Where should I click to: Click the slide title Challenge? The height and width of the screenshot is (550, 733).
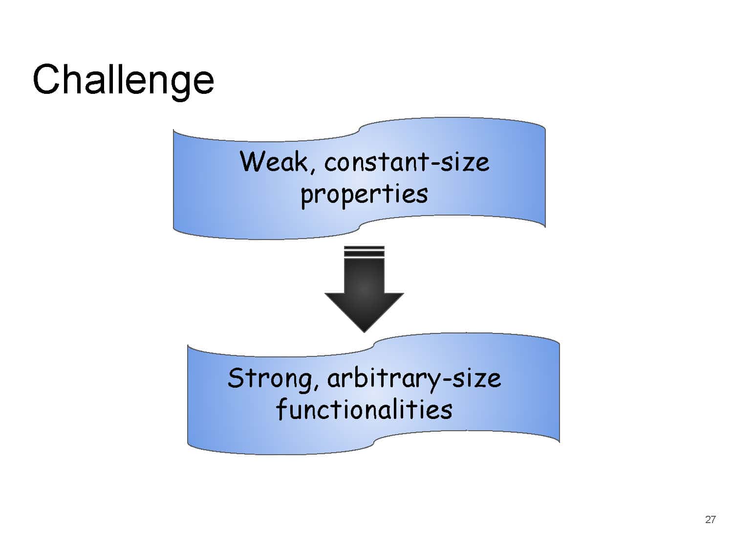coord(123,80)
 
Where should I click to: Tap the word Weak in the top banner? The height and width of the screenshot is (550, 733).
coord(273,162)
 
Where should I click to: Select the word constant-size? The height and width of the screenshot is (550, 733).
coord(407,162)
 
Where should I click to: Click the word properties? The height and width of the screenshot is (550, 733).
coord(364,195)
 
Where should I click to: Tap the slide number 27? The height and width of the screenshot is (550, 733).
coord(710,520)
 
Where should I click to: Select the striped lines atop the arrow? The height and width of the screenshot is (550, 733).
coord(364,252)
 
